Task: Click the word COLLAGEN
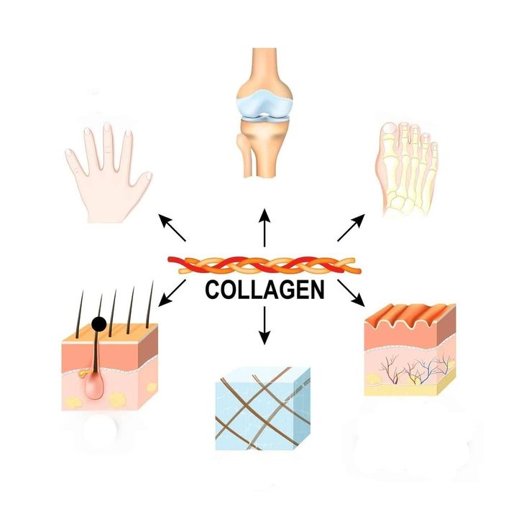pyautogui.click(x=264, y=290)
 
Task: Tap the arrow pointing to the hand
pyautogui.click(x=172, y=227)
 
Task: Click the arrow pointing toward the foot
pyautogui.click(x=351, y=227)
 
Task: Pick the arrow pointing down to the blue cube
pyautogui.click(x=264, y=324)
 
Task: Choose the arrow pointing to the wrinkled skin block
pyautogui.click(x=351, y=291)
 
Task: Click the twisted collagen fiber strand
pyautogui.click(x=264, y=264)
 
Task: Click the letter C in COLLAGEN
pyautogui.click(x=213, y=290)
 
